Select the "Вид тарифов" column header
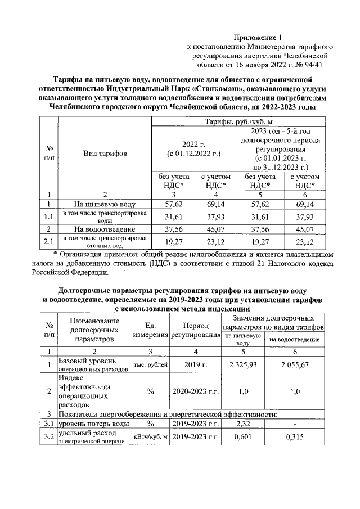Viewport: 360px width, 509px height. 105,153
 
